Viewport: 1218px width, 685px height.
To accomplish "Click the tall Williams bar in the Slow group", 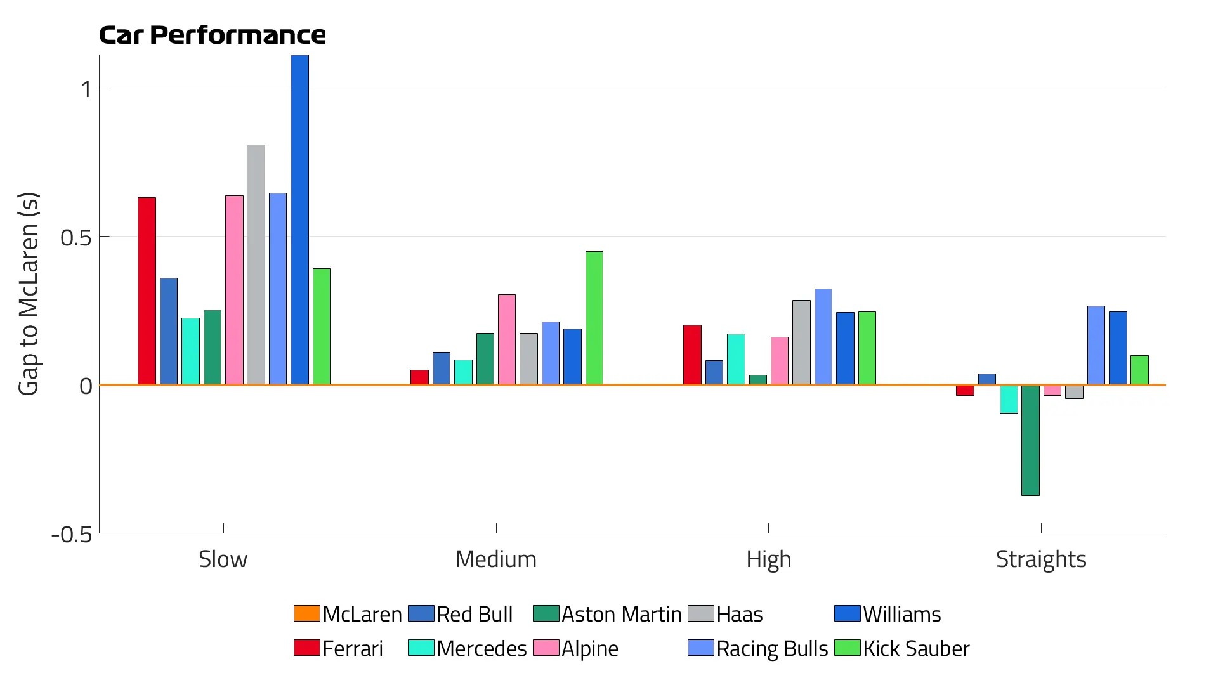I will point(299,219).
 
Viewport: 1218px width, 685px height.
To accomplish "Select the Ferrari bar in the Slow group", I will point(147,291).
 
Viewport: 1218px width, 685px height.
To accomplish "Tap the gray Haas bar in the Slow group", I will point(256,264).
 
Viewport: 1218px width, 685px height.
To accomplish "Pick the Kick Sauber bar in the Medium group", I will point(594,318).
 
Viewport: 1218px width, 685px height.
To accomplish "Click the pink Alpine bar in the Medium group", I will point(506,339).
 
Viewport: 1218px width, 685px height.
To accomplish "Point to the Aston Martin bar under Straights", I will point(1030,440).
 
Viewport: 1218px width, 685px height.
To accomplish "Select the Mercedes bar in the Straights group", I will point(1009,399).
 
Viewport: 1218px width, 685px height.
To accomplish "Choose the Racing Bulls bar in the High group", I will point(823,337).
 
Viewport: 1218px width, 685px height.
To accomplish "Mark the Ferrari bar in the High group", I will point(692,355).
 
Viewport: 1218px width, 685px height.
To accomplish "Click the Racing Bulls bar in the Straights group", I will point(1096,346).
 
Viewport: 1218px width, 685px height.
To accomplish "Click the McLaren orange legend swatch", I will point(306,613).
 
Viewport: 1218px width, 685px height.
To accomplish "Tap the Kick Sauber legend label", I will point(916,648).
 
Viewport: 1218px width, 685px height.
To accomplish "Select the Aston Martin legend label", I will point(621,614).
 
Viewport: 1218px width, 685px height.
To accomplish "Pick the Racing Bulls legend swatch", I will point(700,648).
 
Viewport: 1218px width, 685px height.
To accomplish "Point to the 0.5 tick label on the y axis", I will point(75,238).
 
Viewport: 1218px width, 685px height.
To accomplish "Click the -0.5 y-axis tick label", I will point(72,535).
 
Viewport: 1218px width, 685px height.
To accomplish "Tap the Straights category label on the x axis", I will point(1041,559).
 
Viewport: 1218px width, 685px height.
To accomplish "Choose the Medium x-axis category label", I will point(496,559).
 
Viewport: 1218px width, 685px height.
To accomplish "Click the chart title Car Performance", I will point(213,35).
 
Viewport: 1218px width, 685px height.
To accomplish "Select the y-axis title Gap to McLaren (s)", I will point(29,294).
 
